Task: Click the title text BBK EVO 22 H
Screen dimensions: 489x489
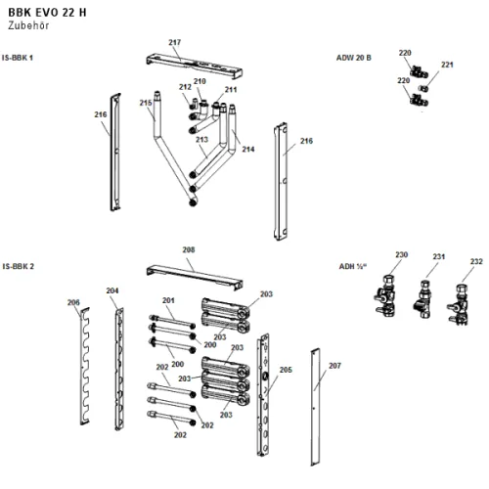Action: coord(47,13)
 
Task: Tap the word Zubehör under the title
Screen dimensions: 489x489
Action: coord(28,25)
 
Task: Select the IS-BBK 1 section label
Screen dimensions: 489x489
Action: coord(18,58)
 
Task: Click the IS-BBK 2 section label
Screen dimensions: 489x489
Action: coord(18,266)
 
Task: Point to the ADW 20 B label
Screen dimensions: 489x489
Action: coord(354,58)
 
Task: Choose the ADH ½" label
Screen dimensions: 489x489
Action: coord(353,266)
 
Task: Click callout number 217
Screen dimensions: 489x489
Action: coord(175,42)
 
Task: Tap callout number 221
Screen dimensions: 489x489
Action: coord(447,65)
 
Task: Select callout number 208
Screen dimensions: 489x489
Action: coord(189,249)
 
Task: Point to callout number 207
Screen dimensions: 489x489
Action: coord(334,366)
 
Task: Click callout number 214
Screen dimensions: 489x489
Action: coord(248,149)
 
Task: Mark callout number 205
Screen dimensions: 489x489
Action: coord(286,370)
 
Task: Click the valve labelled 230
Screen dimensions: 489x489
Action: coord(385,295)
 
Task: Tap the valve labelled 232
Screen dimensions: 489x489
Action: coord(458,304)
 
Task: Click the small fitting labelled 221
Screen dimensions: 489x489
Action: coord(422,88)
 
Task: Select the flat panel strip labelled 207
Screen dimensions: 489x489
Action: coord(315,407)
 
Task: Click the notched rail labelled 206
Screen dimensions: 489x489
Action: coord(85,366)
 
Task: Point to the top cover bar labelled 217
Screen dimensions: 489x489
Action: coord(195,67)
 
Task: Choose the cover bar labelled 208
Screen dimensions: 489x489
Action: coord(195,277)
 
